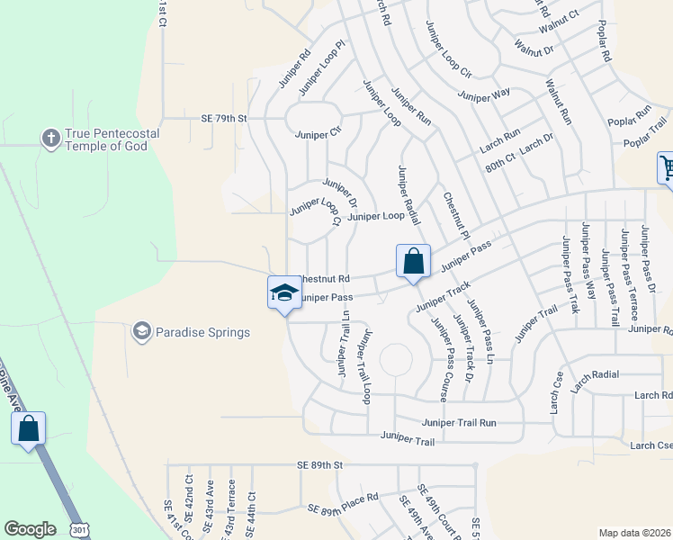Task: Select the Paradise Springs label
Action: pos(202,332)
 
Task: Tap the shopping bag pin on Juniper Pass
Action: pos(413,263)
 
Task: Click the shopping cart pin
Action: pos(667,168)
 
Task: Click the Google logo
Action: pos(30,528)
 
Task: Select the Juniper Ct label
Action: pos(319,135)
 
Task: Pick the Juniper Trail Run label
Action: pos(459,422)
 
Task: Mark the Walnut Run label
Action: pos(558,101)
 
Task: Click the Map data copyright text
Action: pos(634,532)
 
